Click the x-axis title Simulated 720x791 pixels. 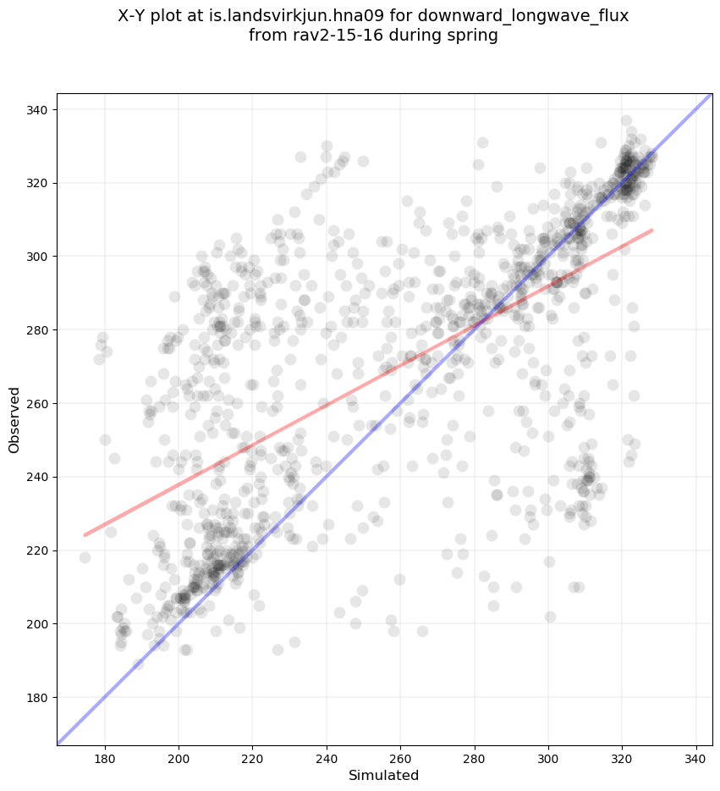click(384, 775)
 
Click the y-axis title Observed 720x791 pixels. click(14, 419)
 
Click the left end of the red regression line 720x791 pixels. click(85, 534)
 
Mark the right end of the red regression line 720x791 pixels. click(651, 230)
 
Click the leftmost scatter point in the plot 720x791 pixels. click(85, 557)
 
